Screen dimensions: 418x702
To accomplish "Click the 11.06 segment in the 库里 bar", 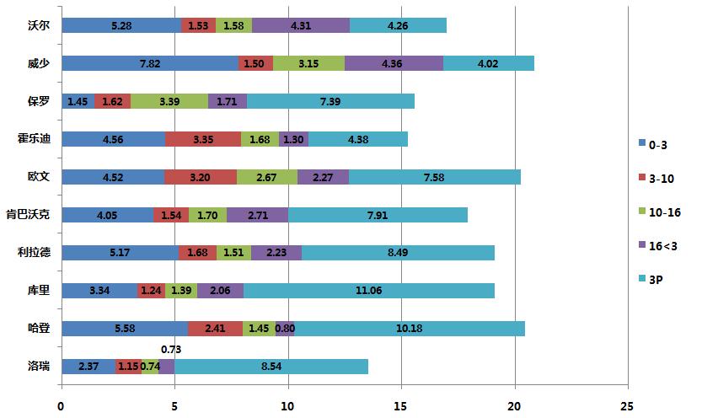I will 368,291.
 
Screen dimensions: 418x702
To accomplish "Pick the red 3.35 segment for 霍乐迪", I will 203,139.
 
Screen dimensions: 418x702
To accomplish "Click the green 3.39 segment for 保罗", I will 169,101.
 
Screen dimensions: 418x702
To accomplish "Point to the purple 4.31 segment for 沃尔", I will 301,25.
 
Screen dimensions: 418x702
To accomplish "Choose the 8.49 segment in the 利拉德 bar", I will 398,253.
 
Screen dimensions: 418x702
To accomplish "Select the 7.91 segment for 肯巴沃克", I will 378,215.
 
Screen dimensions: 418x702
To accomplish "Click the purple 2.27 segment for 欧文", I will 323,177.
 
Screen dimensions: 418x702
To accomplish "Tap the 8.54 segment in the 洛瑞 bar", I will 271,367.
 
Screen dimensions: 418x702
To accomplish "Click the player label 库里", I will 40,291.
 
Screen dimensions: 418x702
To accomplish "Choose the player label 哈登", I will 40,329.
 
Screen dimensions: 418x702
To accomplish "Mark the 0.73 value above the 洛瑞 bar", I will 171,348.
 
